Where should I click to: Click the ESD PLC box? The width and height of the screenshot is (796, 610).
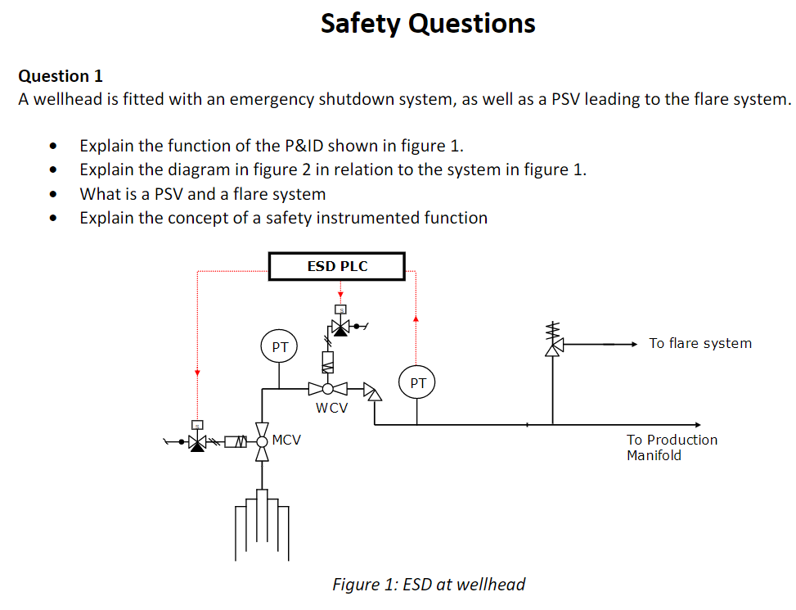click(337, 267)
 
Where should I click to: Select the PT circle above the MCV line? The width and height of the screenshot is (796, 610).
click(280, 347)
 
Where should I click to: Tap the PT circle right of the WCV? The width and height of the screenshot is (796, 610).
click(417, 382)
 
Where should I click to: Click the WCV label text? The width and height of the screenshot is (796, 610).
click(331, 408)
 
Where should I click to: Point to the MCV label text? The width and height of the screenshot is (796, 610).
click(286, 441)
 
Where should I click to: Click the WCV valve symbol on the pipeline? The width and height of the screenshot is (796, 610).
click(327, 389)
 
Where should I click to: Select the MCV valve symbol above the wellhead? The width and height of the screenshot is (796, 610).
click(262, 441)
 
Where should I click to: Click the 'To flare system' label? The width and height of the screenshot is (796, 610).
click(700, 344)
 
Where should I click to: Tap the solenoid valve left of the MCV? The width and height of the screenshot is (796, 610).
click(196, 441)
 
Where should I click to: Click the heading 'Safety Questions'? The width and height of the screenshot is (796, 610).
click(428, 23)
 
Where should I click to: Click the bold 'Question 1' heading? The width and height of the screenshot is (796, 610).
click(61, 76)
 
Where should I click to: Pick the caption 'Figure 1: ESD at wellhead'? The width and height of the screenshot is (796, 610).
click(429, 585)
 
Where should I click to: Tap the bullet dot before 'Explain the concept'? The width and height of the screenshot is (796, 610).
click(54, 219)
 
